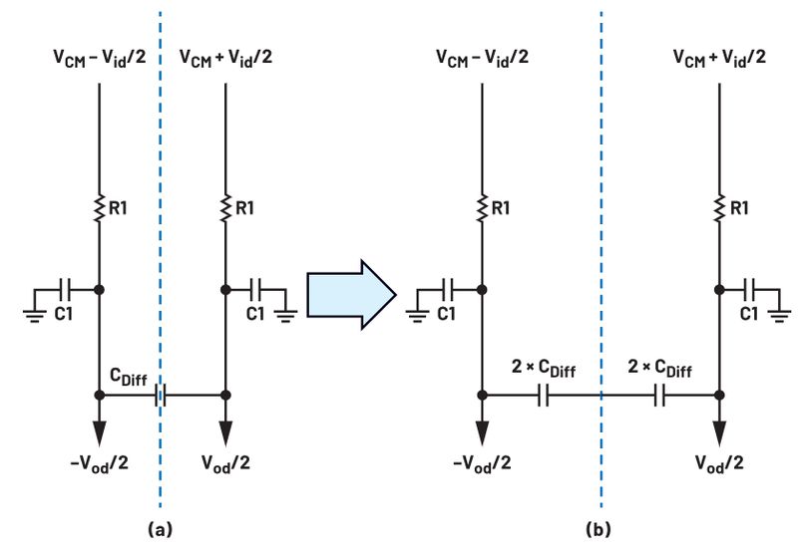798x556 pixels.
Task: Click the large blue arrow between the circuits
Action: [351, 294]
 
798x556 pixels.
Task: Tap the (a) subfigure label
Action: [160, 529]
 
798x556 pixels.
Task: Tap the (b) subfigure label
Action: [598, 529]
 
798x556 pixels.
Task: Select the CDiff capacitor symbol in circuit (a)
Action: [161, 395]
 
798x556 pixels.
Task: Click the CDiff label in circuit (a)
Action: [129, 377]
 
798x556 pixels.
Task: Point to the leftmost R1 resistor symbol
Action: [99, 208]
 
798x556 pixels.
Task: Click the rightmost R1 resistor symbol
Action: [719, 208]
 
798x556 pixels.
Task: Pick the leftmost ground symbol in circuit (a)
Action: [35, 316]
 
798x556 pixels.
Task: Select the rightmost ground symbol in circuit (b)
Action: [779, 316]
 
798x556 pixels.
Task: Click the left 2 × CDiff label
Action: [544, 368]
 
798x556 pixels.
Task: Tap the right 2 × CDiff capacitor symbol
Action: [659, 395]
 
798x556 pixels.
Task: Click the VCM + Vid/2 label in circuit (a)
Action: [226, 57]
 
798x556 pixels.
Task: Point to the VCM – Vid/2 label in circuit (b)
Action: [482, 57]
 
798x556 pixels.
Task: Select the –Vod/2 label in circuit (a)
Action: [99, 463]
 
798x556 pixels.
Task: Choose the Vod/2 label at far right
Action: [719, 463]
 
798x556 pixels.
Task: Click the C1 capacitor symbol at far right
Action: [749, 290]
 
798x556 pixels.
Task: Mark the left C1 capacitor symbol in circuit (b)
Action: [448, 290]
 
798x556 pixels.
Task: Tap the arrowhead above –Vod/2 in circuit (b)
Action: [482, 433]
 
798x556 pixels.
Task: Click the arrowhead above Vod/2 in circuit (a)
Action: [226, 433]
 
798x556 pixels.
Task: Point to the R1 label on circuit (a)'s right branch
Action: [244, 208]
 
